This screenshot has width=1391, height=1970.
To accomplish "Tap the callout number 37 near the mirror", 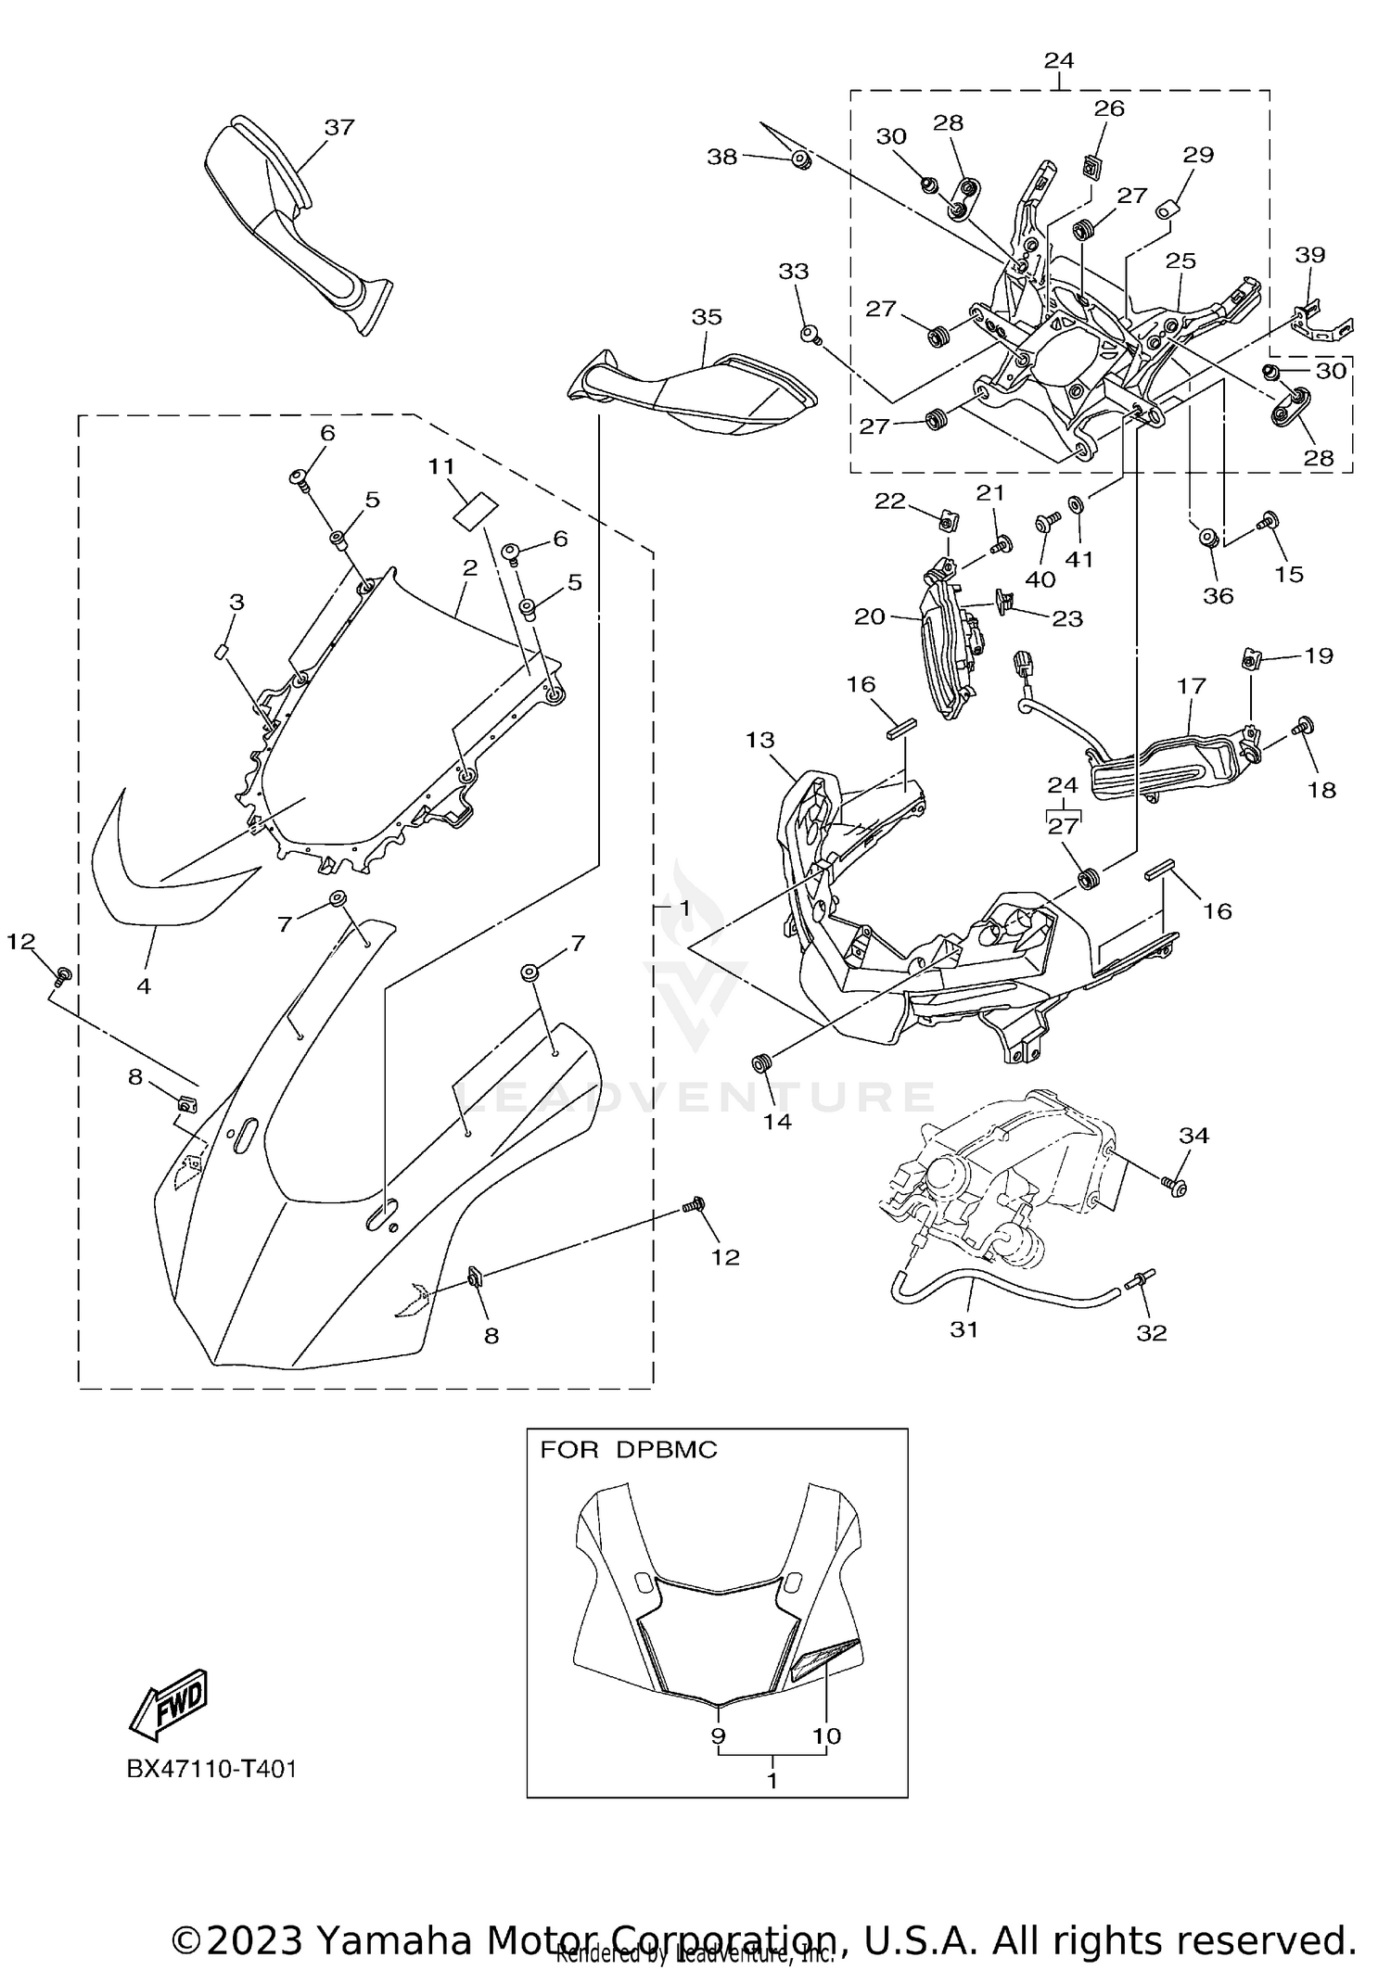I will coord(339,128).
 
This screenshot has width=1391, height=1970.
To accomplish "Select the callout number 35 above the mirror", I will coord(707,317).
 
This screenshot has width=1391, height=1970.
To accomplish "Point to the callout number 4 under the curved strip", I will coord(144,986).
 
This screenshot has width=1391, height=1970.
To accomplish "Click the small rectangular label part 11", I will coord(476,511).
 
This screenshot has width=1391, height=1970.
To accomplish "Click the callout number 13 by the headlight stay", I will coord(759,740).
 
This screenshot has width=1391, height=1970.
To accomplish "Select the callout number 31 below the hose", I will coord(964,1329).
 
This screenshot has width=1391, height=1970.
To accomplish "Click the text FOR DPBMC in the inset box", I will coord(629,1450).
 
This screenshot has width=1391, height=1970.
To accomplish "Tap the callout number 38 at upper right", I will coord(722,157).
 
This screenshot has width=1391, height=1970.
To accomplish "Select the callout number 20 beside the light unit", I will coord(870,616).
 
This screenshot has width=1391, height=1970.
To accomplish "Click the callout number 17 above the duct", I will coord(1192,686).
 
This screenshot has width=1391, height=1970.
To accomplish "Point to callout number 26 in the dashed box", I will coord(1109,108).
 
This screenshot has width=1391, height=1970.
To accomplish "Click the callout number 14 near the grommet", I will coord(777,1122).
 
